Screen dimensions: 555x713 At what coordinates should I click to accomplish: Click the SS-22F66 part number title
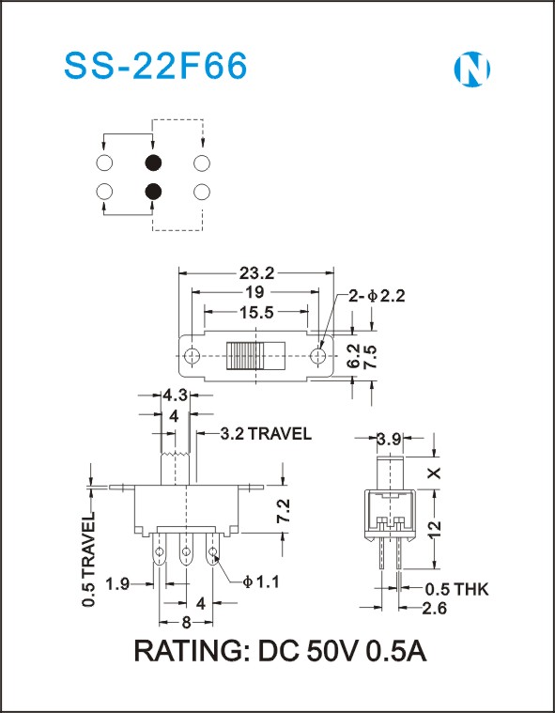pyautogui.click(x=156, y=66)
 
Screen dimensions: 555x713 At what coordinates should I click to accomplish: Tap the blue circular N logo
pyautogui.click(x=471, y=70)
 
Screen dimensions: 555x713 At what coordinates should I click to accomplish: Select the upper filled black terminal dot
pyautogui.click(x=153, y=163)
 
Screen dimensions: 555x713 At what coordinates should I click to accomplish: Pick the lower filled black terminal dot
pyautogui.click(x=153, y=192)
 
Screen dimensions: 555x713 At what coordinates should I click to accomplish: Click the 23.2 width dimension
pyautogui.click(x=256, y=273)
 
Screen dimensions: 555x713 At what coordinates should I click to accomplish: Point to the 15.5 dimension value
pyautogui.click(x=256, y=313)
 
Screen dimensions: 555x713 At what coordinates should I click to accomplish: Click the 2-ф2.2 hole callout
pyautogui.click(x=377, y=296)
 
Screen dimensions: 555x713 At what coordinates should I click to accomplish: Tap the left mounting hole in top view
pyautogui.click(x=193, y=356)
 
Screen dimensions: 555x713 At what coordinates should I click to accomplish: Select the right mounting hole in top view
pyautogui.click(x=317, y=356)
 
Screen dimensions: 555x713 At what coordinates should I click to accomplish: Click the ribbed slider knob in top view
pyautogui.click(x=244, y=356)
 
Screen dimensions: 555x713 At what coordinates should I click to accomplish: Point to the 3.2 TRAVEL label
pyautogui.click(x=266, y=434)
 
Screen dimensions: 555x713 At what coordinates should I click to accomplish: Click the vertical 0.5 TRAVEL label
pyautogui.click(x=88, y=559)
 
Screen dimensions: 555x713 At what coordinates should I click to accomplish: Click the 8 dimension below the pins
pyautogui.click(x=186, y=623)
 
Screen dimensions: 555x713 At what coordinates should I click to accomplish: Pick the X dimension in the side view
pyautogui.click(x=435, y=473)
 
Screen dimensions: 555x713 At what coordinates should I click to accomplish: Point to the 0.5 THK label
pyautogui.click(x=456, y=590)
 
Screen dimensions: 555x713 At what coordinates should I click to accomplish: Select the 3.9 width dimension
pyautogui.click(x=390, y=440)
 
